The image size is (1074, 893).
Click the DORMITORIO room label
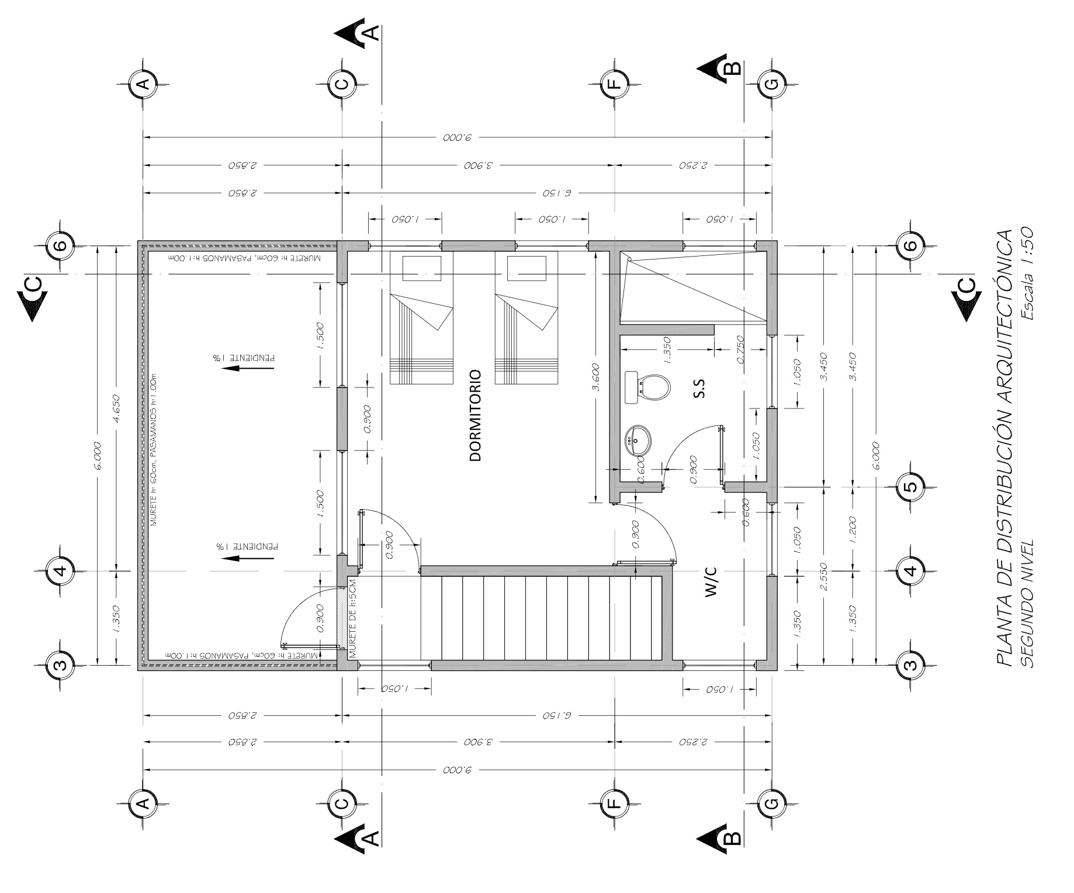(475, 415)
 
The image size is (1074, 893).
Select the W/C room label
(711, 582)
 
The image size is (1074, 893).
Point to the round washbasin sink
(638, 441)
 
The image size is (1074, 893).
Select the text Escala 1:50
(1027, 274)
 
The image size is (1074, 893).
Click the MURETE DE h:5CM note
(353, 618)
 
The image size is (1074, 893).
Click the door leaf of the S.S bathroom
(721, 447)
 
